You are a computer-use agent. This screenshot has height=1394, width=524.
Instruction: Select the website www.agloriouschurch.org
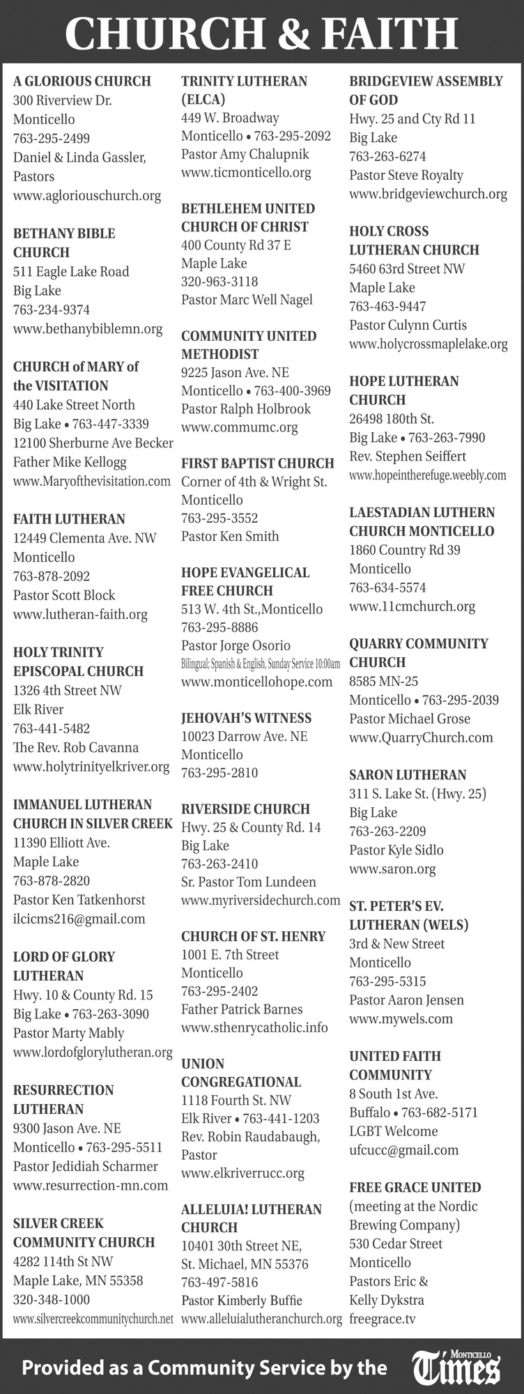(87, 196)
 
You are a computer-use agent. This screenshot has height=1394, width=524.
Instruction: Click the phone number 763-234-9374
(52, 309)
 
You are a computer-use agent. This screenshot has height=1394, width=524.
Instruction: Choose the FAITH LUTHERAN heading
(69, 519)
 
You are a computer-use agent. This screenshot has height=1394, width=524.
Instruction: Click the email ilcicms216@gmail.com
(79, 919)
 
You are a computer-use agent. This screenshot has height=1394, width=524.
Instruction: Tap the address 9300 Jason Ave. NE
(67, 1128)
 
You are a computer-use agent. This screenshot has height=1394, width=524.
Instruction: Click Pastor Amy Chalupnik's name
(245, 154)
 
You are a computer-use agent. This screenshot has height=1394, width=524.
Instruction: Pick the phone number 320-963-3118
(219, 282)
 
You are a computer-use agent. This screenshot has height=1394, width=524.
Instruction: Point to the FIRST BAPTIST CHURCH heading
(257, 464)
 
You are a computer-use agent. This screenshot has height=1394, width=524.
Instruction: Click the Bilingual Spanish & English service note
(260, 664)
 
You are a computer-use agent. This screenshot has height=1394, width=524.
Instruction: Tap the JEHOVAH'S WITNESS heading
(246, 718)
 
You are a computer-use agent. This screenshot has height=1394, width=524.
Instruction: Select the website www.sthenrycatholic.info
(254, 1027)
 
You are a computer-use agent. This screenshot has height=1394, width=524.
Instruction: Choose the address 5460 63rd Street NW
(407, 268)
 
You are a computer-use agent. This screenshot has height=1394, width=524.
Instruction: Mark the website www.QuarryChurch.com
(421, 737)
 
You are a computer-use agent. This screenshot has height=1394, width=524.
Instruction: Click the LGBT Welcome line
(394, 1131)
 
